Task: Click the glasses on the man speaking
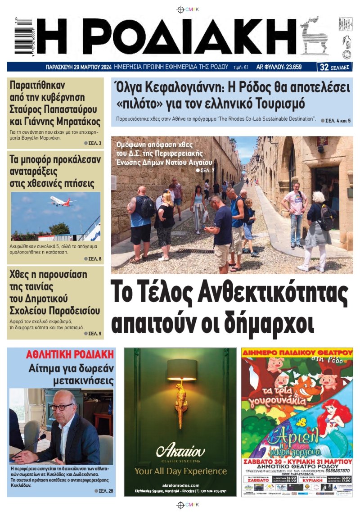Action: click(62, 407)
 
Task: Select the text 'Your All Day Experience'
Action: click(180, 471)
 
